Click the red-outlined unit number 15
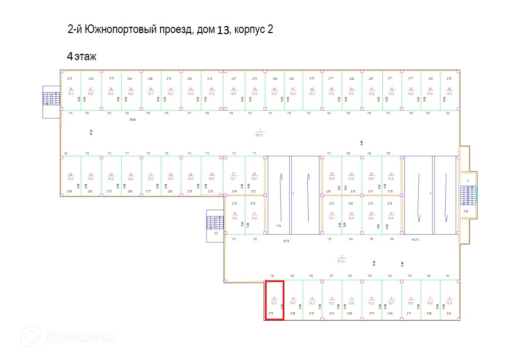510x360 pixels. tap(274, 300)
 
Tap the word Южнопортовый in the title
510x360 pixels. tap(121, 30)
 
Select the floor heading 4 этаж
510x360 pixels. tap(82, 56)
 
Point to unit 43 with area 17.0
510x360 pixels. tap(211, 91)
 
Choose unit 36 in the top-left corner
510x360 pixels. tap(71, 91)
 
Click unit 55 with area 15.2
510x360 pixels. tap(449, 91)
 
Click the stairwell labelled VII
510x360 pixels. tap(216, 233)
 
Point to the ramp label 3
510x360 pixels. tap(293, 193)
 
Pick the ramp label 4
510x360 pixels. tap(430, 193)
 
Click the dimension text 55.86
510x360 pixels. tap(132, 120)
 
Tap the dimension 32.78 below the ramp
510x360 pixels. tap(286, 241)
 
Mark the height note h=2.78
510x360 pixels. tap(415, 240)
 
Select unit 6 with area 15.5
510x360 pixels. tap(449, 301)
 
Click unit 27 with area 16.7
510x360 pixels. tap(233, 176)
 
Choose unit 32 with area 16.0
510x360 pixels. tap(130, 177)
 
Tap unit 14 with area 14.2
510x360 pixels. tap(293, 301)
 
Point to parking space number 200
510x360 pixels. tap(448, 113)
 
